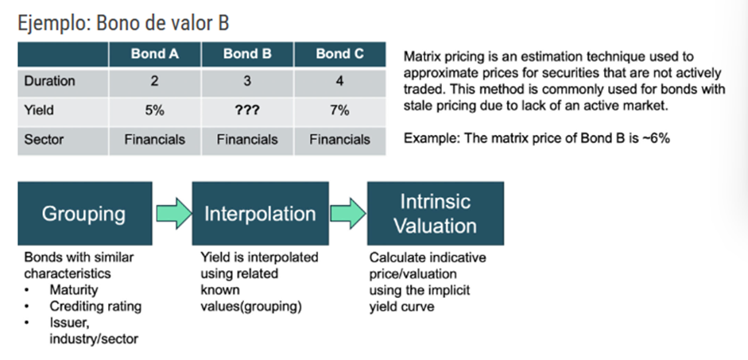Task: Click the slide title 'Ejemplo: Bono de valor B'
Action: [x=123, y=22]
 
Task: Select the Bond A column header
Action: [x=154, y=54]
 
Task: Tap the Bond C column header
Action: [x=339, y=54]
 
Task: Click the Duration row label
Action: [x=49, y=81]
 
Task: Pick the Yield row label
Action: [x=39, y=110]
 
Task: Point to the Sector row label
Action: [x=44, y=140]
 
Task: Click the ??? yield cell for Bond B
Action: [x=247, y=110]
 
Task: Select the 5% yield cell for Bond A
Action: [x=154, y=110]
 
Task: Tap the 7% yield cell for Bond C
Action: [x=339, y=110]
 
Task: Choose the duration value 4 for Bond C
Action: [x=339, y=81]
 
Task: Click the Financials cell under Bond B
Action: [x=247, y=140]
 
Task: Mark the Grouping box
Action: [x=85, y=213]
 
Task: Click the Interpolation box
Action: [x=261, y=213]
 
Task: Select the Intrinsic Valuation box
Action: [x=436, y=213]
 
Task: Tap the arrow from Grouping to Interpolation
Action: [x=173, y=213]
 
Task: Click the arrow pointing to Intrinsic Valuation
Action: [x=348, y=213]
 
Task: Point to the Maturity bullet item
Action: [x=73, y=290]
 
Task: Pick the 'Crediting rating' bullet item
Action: [x=95, y=306]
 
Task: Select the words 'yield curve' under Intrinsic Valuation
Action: [x=401, y=306]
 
